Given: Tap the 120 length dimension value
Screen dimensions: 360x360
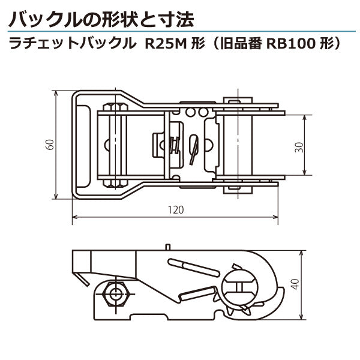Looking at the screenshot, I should tap(175, 210).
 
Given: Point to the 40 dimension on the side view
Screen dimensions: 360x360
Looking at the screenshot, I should tap(293, 283).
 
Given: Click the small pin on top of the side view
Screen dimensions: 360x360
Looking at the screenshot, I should tap(169, 246).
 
